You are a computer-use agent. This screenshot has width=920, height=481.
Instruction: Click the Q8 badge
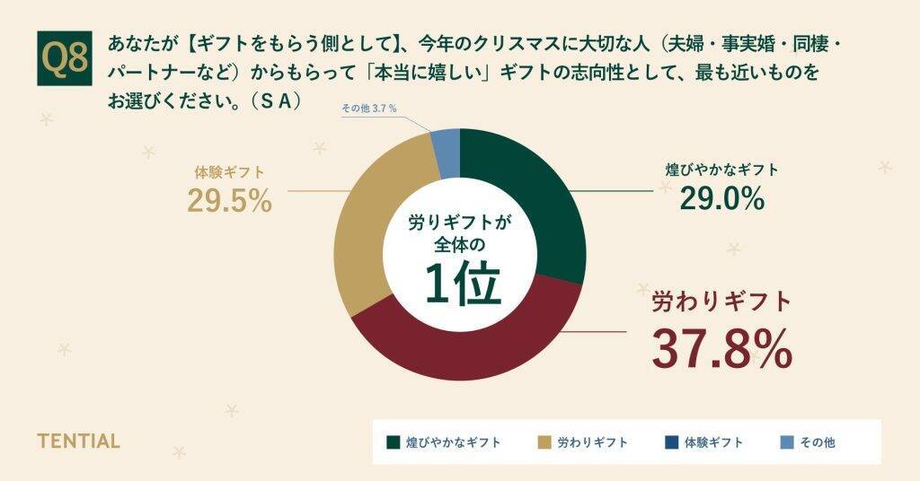click(61, 59)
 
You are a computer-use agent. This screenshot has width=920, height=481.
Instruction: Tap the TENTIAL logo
click(79, 441)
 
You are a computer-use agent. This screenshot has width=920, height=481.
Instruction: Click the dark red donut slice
click(476, 350)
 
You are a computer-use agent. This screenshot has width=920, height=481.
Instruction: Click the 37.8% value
click(721, 348)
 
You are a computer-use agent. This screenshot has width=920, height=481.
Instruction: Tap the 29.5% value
click(229, 202)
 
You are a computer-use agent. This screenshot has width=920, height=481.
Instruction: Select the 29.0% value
click(721, 199)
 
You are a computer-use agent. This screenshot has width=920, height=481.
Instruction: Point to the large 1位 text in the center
click(460, 285)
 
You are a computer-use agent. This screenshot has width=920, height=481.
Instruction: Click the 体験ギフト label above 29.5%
click(229, 171)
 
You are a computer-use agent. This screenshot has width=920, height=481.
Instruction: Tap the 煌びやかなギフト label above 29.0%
click(721, 169)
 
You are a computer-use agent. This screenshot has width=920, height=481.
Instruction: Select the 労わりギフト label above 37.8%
click(721, 302)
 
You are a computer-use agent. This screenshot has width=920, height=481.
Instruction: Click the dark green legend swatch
click(393, 442)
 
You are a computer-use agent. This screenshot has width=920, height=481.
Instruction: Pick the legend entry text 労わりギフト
click(592, 442)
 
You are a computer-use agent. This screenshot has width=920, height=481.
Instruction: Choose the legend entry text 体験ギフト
click(713, 442)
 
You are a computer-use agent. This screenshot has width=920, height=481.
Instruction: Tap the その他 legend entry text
click(817, 442)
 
